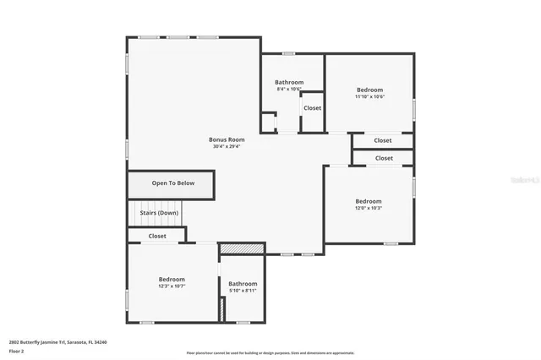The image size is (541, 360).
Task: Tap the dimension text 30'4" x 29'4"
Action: point(227,147)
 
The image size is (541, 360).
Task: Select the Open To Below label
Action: point(172,183)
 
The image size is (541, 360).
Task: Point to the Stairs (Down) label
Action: point(159,213)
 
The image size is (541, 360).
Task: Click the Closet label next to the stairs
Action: point(157,237)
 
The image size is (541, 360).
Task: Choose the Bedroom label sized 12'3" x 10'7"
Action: point(172,279)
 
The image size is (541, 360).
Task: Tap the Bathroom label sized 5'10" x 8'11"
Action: point(243,283)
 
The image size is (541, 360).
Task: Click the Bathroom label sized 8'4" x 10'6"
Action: point(289,82)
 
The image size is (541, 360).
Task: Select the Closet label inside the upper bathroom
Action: point(312,108)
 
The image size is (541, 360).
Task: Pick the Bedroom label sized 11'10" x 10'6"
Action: point(369,90)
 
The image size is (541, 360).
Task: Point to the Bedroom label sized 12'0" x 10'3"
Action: point(368,201)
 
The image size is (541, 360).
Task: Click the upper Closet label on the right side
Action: point(383,140)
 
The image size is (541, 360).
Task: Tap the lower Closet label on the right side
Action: point(384,158)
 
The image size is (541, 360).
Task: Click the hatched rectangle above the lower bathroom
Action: point(242,248)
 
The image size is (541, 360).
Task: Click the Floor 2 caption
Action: point(16,351)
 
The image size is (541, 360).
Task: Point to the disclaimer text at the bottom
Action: point(270,352)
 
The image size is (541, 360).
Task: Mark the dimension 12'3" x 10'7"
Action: point(172,286)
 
